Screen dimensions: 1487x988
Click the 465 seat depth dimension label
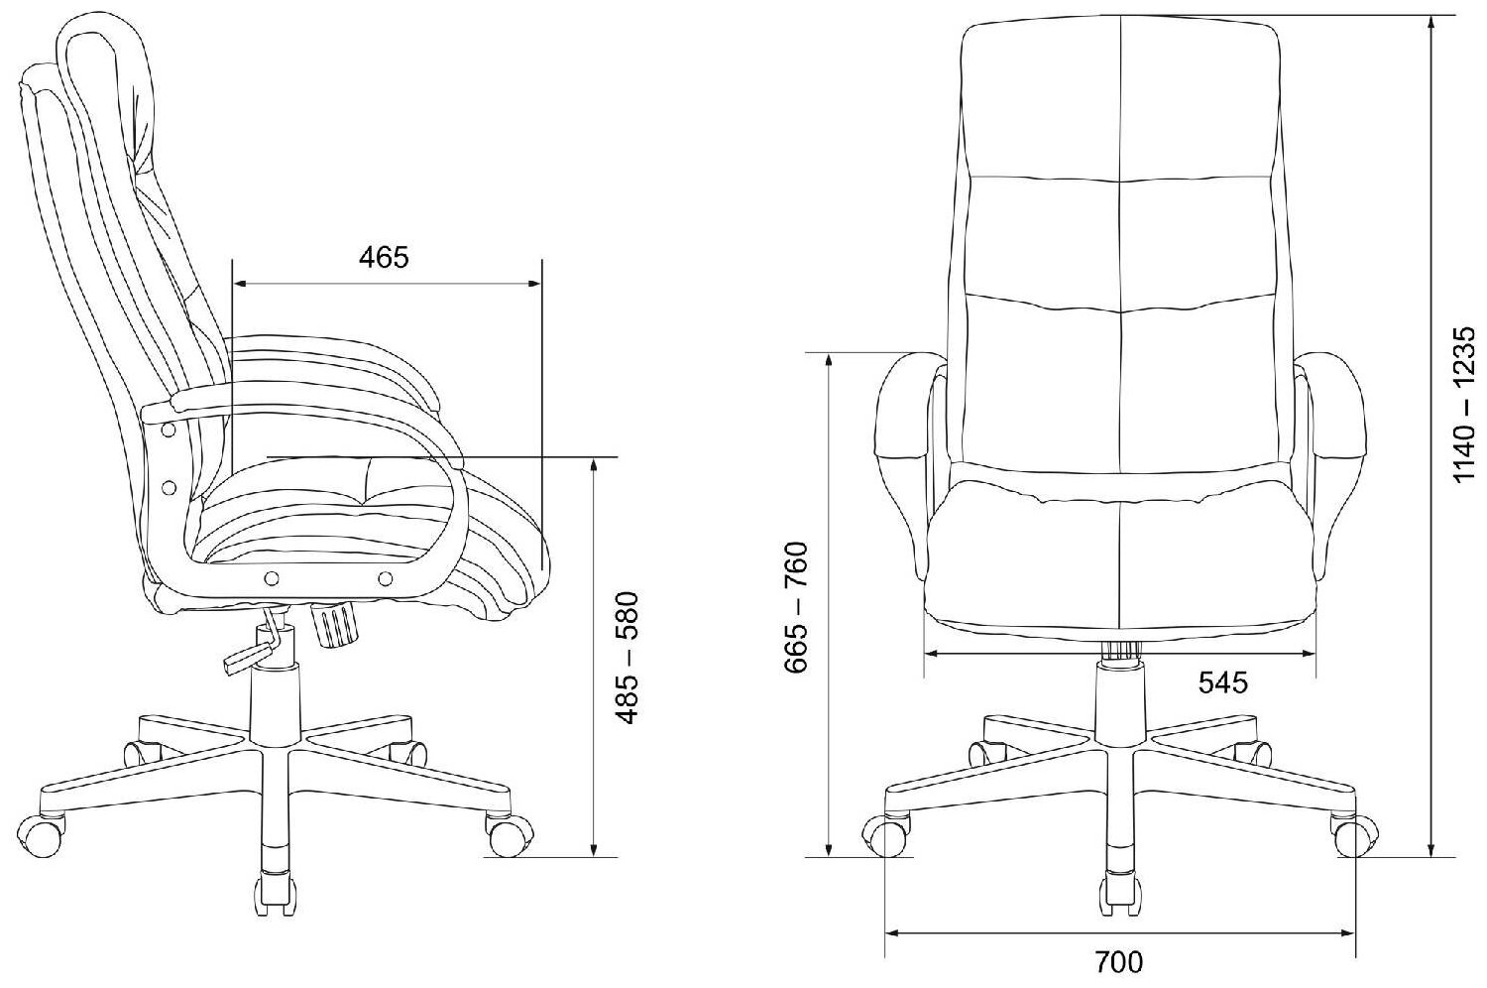coord(384,257)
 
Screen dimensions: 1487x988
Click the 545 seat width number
coord(1222,682)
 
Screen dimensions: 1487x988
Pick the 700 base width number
coord(1118,961)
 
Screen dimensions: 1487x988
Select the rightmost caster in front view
coord(1353,834)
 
